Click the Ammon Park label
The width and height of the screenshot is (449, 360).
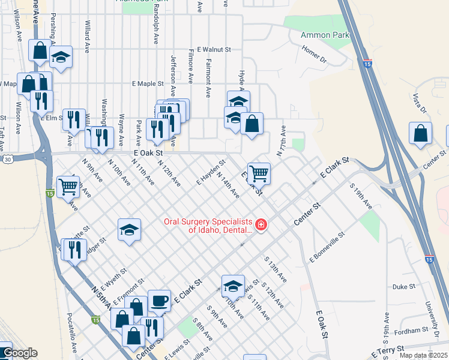pyautogui.click(x=324, y=35)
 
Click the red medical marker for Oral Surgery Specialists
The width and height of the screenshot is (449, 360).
pyautogui.click(x=261, y=225)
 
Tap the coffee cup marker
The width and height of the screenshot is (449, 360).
pyautogui.click(x=159, y=300)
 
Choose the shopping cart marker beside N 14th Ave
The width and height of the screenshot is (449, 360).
pyautogui.click(x=259, y=173)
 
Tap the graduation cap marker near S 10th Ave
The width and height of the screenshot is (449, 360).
pyautogui.click(x=233, y=286)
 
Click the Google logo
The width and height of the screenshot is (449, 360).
pyautogui.click(x=19, y=353)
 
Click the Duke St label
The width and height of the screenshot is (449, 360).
pyautogui.click(x=404, y=287)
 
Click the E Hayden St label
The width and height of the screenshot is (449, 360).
pyautogui.click(x=211, y=172)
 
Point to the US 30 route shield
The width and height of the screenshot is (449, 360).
pyautogui.click(x=7, y=159)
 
